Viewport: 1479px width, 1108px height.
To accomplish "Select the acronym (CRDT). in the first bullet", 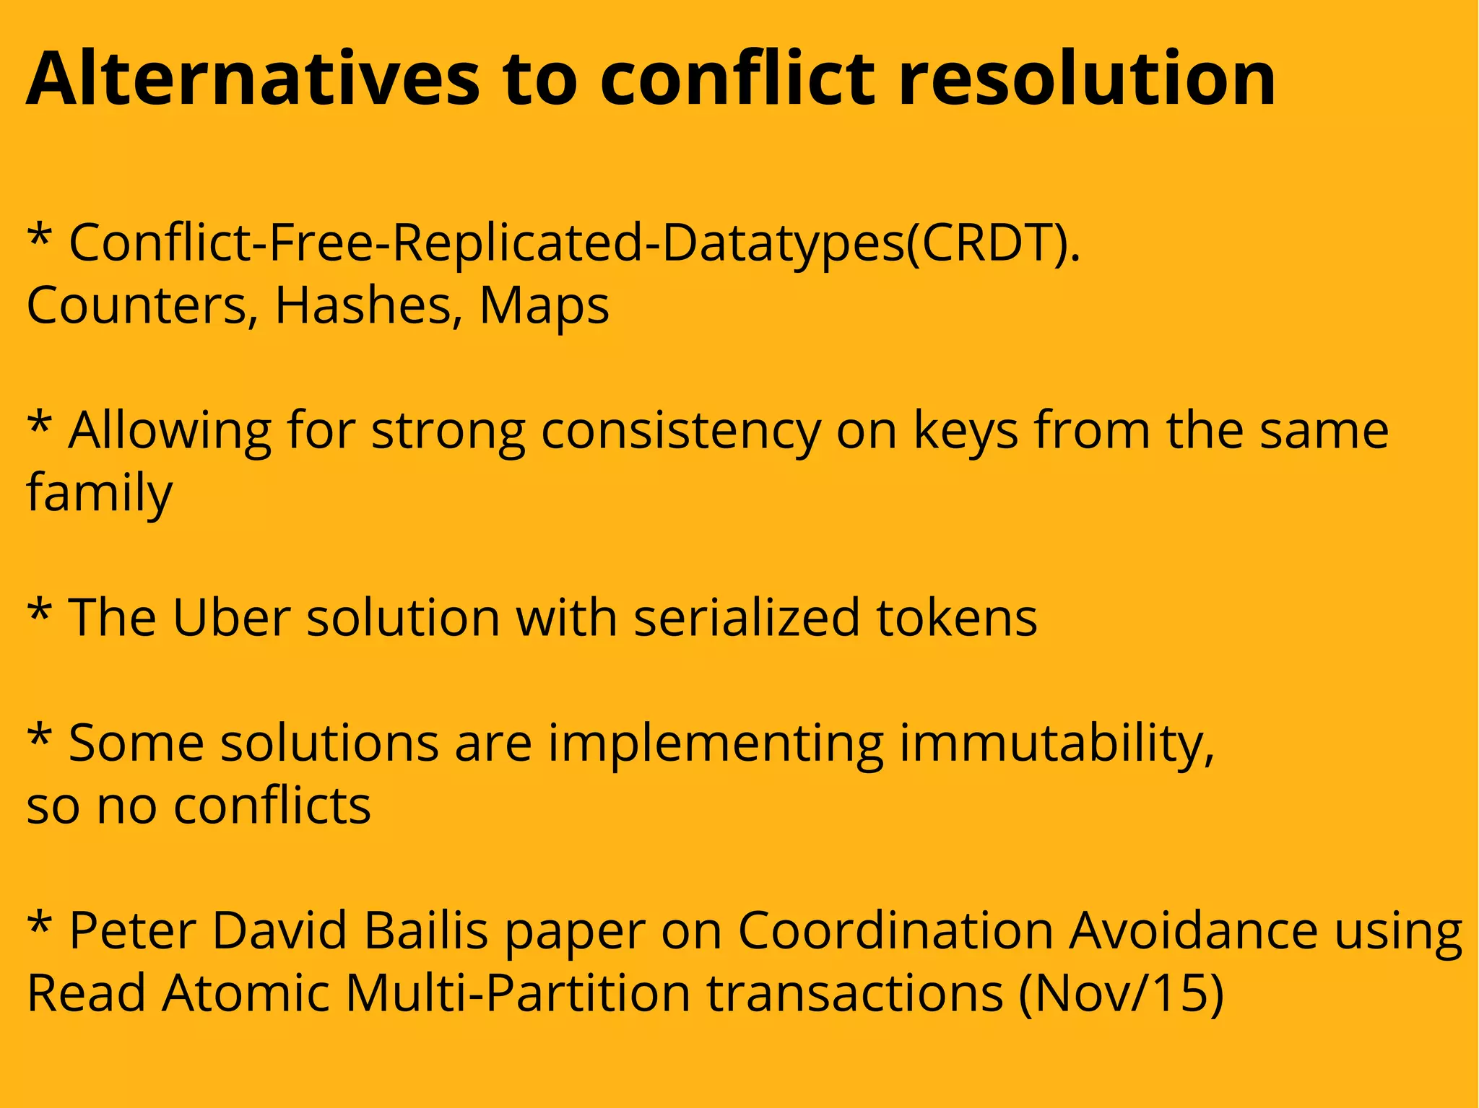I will point(993,243).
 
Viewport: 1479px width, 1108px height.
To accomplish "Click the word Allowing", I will point(170,431).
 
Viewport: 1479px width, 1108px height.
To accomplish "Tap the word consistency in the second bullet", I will point(681,431).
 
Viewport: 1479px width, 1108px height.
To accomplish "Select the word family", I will point(100,494).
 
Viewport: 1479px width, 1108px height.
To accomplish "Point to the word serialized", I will point(747,618).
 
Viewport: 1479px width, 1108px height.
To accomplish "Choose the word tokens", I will point(957,618).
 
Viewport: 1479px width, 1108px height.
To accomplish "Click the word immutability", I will point(1056,743).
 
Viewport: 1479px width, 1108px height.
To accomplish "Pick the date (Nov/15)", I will point(1121,993).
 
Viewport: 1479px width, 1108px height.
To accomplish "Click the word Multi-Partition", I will point(517,993).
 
